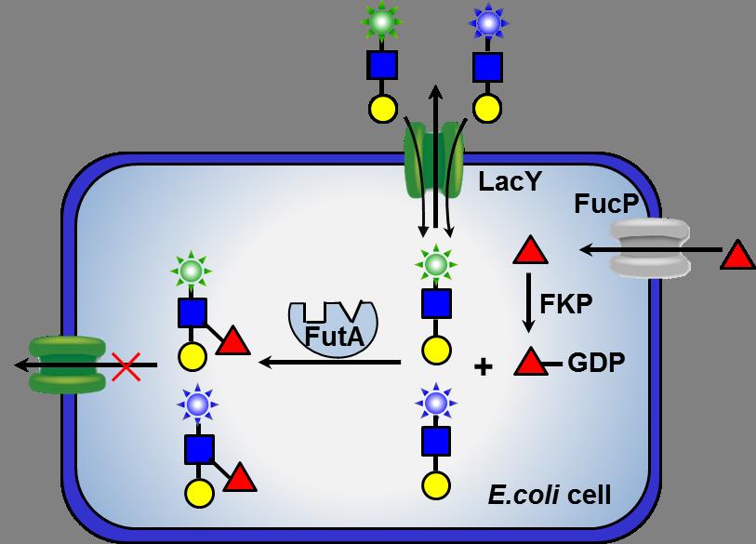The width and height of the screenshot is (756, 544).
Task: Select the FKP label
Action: [x=565, y=303]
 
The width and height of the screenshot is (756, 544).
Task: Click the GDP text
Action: [x=597, y=362]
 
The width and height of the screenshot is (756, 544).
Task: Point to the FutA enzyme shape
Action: [x=332, y=327]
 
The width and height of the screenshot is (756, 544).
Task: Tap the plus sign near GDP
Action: [x=483, y=366]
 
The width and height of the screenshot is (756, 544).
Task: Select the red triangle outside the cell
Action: [x=736, y=253]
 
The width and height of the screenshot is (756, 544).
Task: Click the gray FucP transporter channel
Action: [x=650, y=248]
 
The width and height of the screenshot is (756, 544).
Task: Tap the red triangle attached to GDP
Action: [x=531, y=362]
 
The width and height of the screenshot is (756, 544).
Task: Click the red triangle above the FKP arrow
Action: [x=530, y=250]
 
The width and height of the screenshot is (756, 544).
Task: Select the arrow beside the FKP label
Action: [x=529, y=302]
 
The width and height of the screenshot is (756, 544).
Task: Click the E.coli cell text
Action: [x=550, y=494]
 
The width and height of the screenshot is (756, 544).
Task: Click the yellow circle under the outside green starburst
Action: [x=382, y=108]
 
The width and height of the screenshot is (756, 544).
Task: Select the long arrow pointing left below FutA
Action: [x=330, y=362]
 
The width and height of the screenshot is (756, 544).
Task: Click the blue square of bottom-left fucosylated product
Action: [x=199, y=450]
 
